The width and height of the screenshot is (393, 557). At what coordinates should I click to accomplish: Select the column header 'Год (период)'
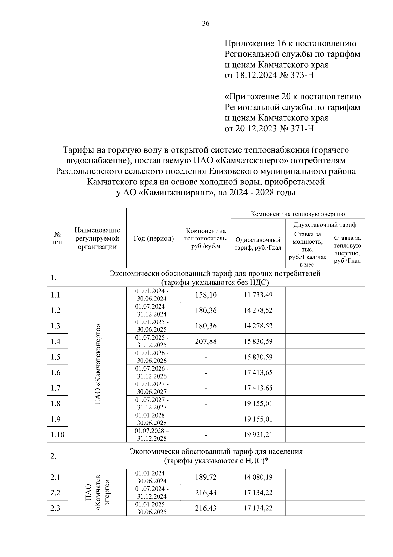(x=154, y=238)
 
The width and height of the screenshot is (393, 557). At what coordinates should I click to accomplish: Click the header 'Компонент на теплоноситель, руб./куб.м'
(x=206, y=238)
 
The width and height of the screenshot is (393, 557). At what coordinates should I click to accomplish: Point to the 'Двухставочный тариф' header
(x=325, y=225)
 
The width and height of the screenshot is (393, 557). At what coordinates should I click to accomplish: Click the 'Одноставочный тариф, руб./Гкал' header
(x=258, y=243)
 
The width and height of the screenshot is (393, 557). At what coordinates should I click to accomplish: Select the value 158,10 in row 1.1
(x=206, y=295)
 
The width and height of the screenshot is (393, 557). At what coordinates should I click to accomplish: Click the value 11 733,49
(x=258, y=295)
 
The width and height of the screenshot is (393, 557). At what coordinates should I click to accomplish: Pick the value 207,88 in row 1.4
(x=206, y=341)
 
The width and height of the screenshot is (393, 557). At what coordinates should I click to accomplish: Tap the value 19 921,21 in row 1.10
(x=258, y=435)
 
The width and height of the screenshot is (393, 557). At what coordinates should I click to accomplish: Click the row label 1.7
(x=56, y=388)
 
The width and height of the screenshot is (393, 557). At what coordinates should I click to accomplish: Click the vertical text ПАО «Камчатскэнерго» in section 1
(x=97, y=364)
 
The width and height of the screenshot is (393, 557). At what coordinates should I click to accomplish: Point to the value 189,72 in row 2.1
(x=206, y=477)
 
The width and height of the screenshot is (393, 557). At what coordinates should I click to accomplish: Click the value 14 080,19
(x=258, y=477)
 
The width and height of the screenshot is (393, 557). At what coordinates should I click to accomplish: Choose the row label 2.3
(x=56, y=508)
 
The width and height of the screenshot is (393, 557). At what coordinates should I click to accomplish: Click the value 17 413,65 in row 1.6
(x=258, y=372)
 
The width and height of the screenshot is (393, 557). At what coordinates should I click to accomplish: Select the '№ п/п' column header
(x=57, y=238)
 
